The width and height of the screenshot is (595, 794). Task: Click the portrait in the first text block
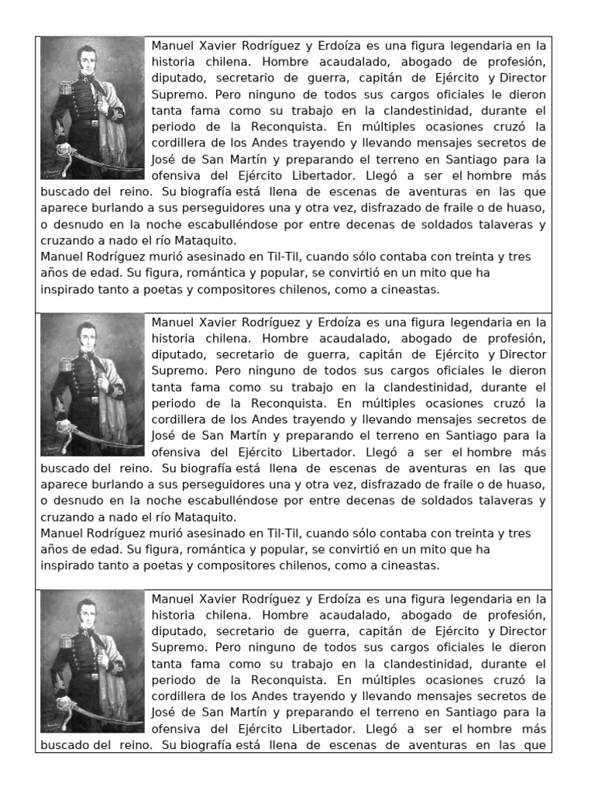tap(92, 107)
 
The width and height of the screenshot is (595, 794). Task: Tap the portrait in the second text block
tap(92, 385)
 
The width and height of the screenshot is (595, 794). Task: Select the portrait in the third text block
tap(92, 661)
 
